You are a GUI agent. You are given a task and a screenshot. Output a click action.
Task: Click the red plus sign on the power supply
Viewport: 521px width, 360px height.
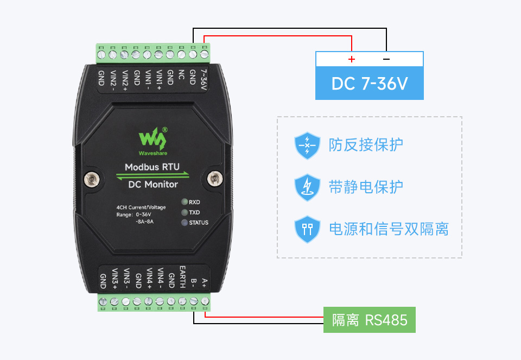[352, 59]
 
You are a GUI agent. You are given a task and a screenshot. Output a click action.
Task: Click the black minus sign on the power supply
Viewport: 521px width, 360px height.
[386, 59]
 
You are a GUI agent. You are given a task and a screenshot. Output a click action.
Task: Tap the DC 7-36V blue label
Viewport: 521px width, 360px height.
[369, 84]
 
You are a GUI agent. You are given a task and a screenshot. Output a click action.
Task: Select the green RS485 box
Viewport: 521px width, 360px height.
[370, 320]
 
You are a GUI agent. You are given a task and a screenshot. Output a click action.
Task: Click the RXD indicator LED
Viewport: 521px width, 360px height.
[185, 202]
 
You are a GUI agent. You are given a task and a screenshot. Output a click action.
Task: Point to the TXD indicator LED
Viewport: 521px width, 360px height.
[185, 212]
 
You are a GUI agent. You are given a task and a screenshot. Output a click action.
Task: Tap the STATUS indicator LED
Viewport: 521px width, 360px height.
[185, 223]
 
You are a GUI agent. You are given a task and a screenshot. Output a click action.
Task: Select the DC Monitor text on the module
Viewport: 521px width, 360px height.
[153, 184]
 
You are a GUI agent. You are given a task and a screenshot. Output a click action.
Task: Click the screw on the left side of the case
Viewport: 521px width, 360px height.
[91, 178]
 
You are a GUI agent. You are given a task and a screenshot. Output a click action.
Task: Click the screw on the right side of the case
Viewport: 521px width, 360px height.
[214, 177]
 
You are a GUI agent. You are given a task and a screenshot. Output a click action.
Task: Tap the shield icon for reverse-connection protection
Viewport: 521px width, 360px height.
[307, 145]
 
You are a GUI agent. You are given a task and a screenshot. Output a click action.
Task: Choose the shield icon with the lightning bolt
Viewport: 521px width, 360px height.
[307, 187]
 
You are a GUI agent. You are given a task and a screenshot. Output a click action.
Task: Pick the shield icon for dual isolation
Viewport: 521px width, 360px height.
[307, 229]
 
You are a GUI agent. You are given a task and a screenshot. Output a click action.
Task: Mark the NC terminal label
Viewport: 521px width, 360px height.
[181, 75]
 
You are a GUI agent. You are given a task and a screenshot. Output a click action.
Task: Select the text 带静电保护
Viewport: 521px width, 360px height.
[366, 187]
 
